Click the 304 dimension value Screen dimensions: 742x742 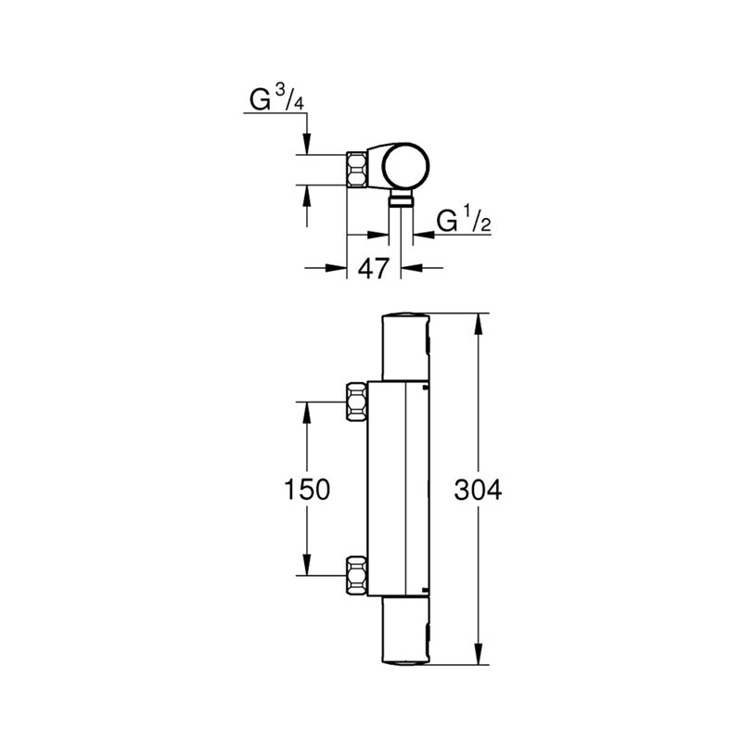pos(478,490)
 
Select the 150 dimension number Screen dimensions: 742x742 pos(307,490)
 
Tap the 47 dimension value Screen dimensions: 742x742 pos(374,268)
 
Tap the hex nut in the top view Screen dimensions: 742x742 pos(357,170)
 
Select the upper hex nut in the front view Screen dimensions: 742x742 pos(357,402)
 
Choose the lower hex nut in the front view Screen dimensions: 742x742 pos(357,575)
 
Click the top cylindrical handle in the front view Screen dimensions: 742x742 pos(406,347)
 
